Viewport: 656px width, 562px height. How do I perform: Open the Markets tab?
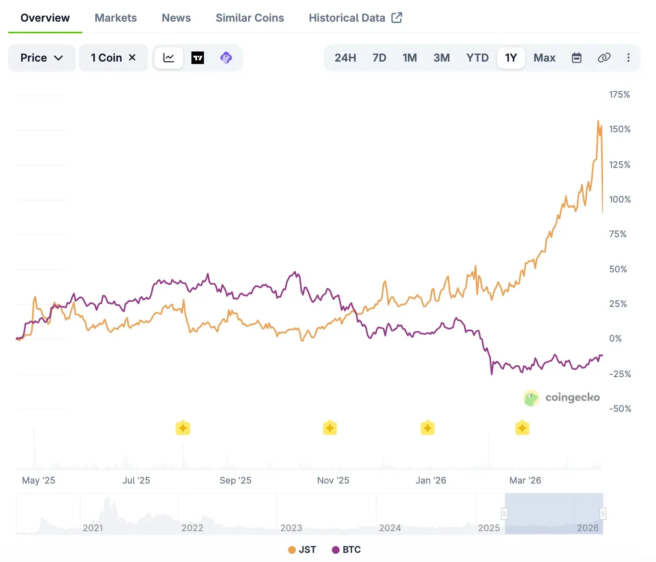pyautogui.click(x=115, y=18)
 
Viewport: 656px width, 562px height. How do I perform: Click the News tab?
pyautogui.click(x=176, y=18)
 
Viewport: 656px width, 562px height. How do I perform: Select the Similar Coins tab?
pyautogui.click(x=250, y=18)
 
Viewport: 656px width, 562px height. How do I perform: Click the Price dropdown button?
pyautogui.click(x=41, y=58)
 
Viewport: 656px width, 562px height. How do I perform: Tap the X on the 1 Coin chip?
pyautogui.click(x=132, y=57)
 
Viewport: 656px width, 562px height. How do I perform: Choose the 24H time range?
pyautogui.click(x=345, y=58)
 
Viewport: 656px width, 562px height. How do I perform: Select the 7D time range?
pyautogui.click(x=379, y=58)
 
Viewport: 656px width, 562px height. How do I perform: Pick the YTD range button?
pyautogui.click(x=477, y=58)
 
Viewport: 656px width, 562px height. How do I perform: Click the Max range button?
pyautogui.click(x=544, y=58)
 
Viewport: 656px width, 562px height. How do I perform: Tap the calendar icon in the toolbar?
pyautogui.click(x=576, y=58)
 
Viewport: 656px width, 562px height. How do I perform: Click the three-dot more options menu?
pyautogui.click(x=628, y=58)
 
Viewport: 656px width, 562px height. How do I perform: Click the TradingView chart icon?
pyautogui.click(x=198, y=58)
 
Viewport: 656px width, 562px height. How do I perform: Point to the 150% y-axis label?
pyautogui.click(x=619, y=129)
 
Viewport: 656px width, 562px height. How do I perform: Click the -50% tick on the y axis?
pyautogui.click(x=620, y=409)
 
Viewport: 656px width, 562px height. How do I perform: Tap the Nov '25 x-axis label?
pyautogui.click(x=333, y=480)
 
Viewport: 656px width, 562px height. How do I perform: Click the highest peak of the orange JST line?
pyautogui.click(x=598, y=121)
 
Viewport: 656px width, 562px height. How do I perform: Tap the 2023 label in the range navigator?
pyautogui.click(x=291, y=528)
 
